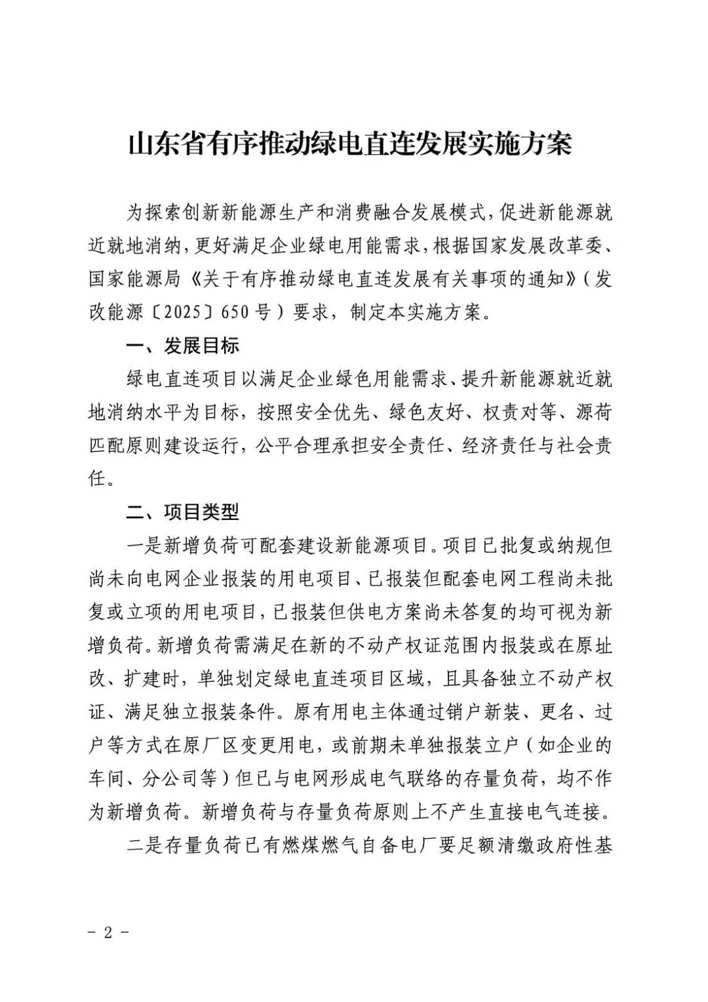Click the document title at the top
pos(349,144)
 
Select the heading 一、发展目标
pos(183,346)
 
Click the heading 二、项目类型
pos(183,511)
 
